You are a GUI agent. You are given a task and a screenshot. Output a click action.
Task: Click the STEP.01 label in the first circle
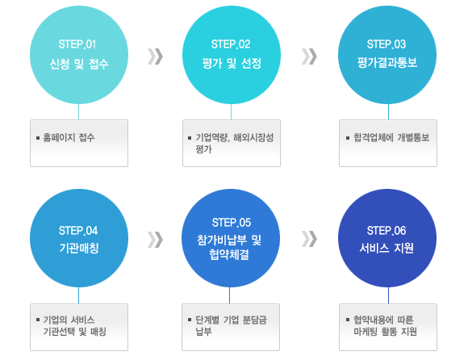(77, 44)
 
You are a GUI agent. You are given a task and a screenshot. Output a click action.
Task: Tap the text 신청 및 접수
(79, 64)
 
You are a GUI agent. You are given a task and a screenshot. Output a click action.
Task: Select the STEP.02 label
(231, 44)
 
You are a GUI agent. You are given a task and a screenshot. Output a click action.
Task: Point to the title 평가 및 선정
(232, 63)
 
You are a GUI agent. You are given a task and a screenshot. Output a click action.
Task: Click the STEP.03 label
(387, 44)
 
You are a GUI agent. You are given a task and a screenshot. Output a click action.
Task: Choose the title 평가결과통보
(387, 63)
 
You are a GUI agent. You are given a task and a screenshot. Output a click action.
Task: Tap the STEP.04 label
(78, 230)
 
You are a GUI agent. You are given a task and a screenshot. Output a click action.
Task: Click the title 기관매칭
(79, 248)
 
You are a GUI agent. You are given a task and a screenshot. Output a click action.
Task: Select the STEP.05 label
(232, 223)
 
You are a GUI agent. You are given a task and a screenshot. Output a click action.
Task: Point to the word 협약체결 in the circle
(229, 254)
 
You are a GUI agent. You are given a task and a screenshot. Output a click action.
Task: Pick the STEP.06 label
(387, 230)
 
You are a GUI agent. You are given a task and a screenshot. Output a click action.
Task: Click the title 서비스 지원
(387, 248)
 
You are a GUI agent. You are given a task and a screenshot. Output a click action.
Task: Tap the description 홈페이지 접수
(69, 137)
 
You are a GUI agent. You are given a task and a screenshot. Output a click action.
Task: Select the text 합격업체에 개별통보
(391, 137)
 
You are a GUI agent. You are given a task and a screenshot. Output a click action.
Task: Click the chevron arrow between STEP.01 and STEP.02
(155, 57)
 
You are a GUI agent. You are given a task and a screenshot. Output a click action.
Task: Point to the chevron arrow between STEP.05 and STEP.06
(309, 239)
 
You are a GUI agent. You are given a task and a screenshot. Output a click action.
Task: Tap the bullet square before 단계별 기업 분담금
(190, 320)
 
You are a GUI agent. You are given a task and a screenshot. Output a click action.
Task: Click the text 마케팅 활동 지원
(385, 331)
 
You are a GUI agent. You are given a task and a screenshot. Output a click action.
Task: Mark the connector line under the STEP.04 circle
(79, 295)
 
